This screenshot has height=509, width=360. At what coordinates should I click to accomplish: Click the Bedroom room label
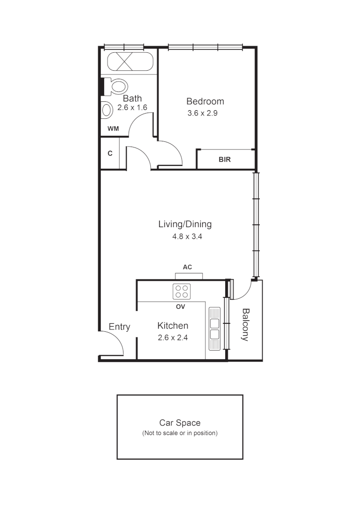click(x=205, y=101)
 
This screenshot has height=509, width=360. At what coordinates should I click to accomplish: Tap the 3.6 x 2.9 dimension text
click(x=202, y=113)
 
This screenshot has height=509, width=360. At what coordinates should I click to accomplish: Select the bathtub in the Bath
click(x=130, y=62)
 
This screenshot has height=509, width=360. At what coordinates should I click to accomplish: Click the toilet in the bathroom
click(x=116, y=87)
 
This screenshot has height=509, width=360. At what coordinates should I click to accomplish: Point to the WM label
click(x=113, y=129)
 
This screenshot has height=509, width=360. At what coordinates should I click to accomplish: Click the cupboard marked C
click(x=110, y=153)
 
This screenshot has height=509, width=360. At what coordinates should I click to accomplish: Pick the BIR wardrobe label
click(x=225, y=160)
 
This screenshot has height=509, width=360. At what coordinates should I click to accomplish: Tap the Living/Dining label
click(x=185, y=224)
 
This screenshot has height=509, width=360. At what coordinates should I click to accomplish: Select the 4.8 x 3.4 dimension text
click(x=187, y=237)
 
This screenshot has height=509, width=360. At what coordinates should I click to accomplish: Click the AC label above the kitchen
click(x=187, y=267)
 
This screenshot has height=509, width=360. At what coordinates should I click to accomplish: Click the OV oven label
click(x=180, y=307)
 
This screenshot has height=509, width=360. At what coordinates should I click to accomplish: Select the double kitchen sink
click(x=214, y=328)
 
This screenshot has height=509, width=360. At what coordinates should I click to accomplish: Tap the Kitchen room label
click(x=172, y=326)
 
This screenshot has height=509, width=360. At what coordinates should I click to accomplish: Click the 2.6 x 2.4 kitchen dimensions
click(x=172, y=337)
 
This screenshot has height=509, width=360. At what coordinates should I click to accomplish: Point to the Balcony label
click(x=245, y=324)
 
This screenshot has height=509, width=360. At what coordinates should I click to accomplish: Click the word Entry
click(x=119, y=327)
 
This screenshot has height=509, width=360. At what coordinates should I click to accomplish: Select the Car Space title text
click(x=180, y=423)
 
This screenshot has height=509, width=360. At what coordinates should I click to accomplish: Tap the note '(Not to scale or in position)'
click(x=180, y=433)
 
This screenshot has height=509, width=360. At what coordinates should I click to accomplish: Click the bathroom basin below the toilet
click(x=107, y=110)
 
